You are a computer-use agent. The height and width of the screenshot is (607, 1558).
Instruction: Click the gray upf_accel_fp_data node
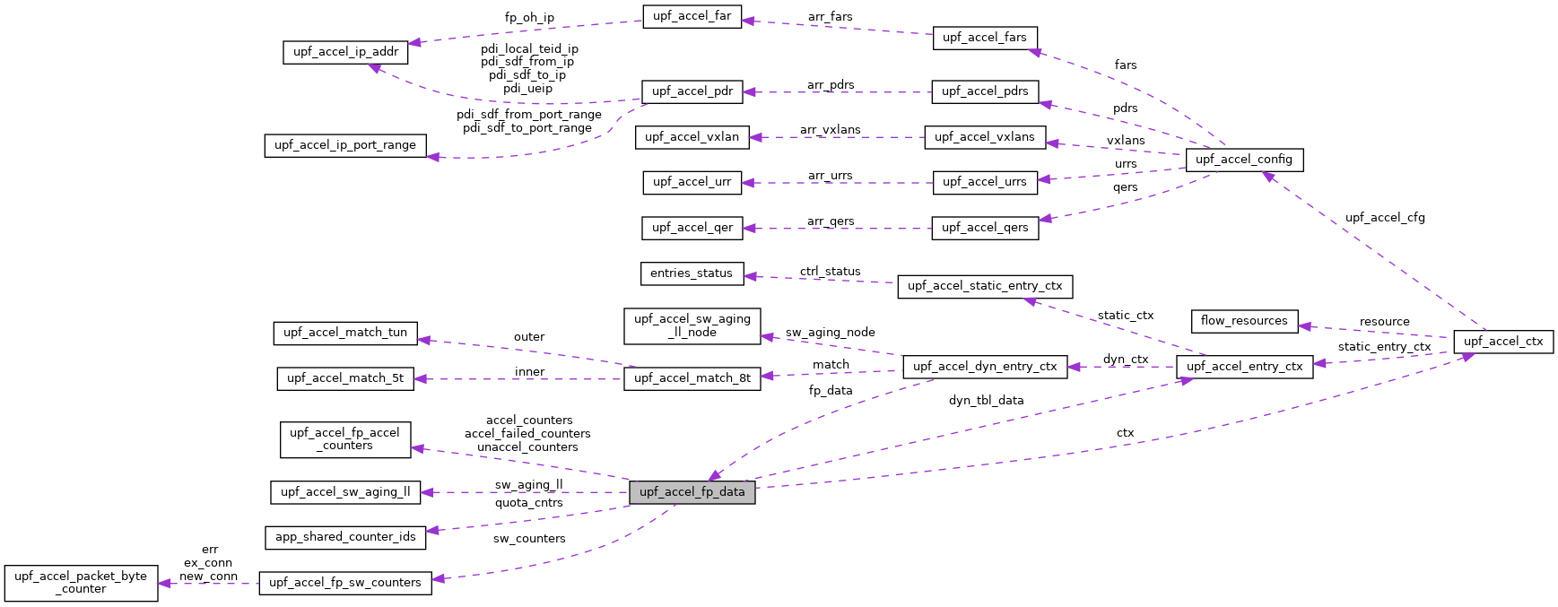tap(692, 492)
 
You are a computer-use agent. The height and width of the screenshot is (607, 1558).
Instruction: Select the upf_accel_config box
tap(1243, 160)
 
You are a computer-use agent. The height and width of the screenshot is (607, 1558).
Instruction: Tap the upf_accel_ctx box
tap(1502, 342)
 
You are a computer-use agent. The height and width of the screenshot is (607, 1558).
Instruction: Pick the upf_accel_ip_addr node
tap(345, 52)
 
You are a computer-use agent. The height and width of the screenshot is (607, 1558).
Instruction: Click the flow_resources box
tap(1243, 321)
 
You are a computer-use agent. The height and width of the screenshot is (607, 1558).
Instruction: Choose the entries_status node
tap(692, 273)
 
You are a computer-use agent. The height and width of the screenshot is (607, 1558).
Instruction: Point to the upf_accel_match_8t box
tap(692, 378)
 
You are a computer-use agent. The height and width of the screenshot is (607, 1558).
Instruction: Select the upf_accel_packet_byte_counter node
tap(81, 583)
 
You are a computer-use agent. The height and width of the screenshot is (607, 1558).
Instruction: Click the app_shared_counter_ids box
tap(345, 537)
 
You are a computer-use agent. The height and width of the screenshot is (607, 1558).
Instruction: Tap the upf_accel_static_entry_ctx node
tap(984, 286)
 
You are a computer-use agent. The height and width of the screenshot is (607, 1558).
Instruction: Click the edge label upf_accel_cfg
tap(1384, 218)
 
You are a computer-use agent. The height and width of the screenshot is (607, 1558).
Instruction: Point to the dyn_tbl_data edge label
tap(986, 401)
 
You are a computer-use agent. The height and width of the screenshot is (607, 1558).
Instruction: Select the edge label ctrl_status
tap(830, 272)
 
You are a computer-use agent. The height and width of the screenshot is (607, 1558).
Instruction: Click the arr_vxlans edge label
tap(830, 130)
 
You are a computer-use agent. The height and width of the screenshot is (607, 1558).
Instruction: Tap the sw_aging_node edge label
tap(830, 333)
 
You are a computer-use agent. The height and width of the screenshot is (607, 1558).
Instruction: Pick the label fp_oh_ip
tap(529, 18)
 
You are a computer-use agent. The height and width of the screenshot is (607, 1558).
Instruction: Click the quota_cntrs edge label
tap(528, 503)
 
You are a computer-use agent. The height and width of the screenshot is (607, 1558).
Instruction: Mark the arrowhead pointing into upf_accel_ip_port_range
tap(432, 157)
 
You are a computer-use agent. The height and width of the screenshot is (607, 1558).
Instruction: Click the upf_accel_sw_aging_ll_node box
tap(692, 325)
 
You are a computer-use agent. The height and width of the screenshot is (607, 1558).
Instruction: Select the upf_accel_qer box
tap(692, 228)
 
